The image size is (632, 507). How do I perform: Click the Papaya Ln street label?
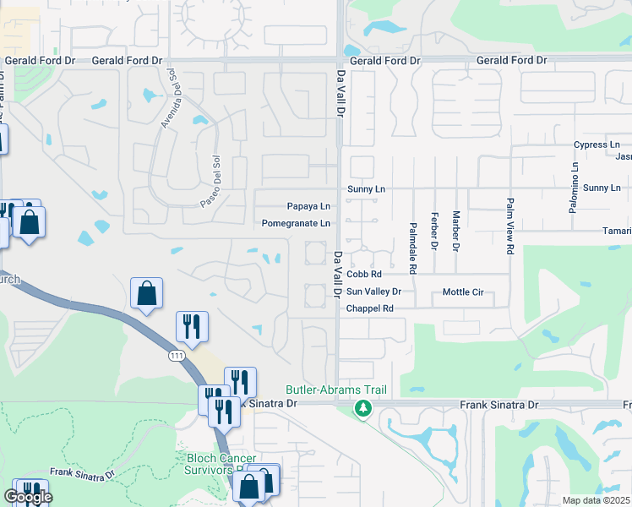point(308,206)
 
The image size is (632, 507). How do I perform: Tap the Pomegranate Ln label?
point(296,223)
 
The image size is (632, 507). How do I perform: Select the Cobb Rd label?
point(364,274)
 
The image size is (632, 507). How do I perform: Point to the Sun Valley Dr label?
point(373,292)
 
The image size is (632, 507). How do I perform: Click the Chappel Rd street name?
point(370,308)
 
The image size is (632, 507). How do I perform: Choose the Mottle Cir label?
point(463,292)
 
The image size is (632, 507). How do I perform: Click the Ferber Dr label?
point(434,231)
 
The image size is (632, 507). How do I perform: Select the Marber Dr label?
point(455,231)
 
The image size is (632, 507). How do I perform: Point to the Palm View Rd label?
point(509,226)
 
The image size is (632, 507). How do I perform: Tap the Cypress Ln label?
point(597,145)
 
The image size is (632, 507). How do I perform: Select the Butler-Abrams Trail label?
point(347,390)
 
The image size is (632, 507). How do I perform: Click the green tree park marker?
point(363,409)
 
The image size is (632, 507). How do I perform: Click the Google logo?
point(27,497)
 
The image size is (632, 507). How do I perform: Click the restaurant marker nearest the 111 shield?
point(191,327)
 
